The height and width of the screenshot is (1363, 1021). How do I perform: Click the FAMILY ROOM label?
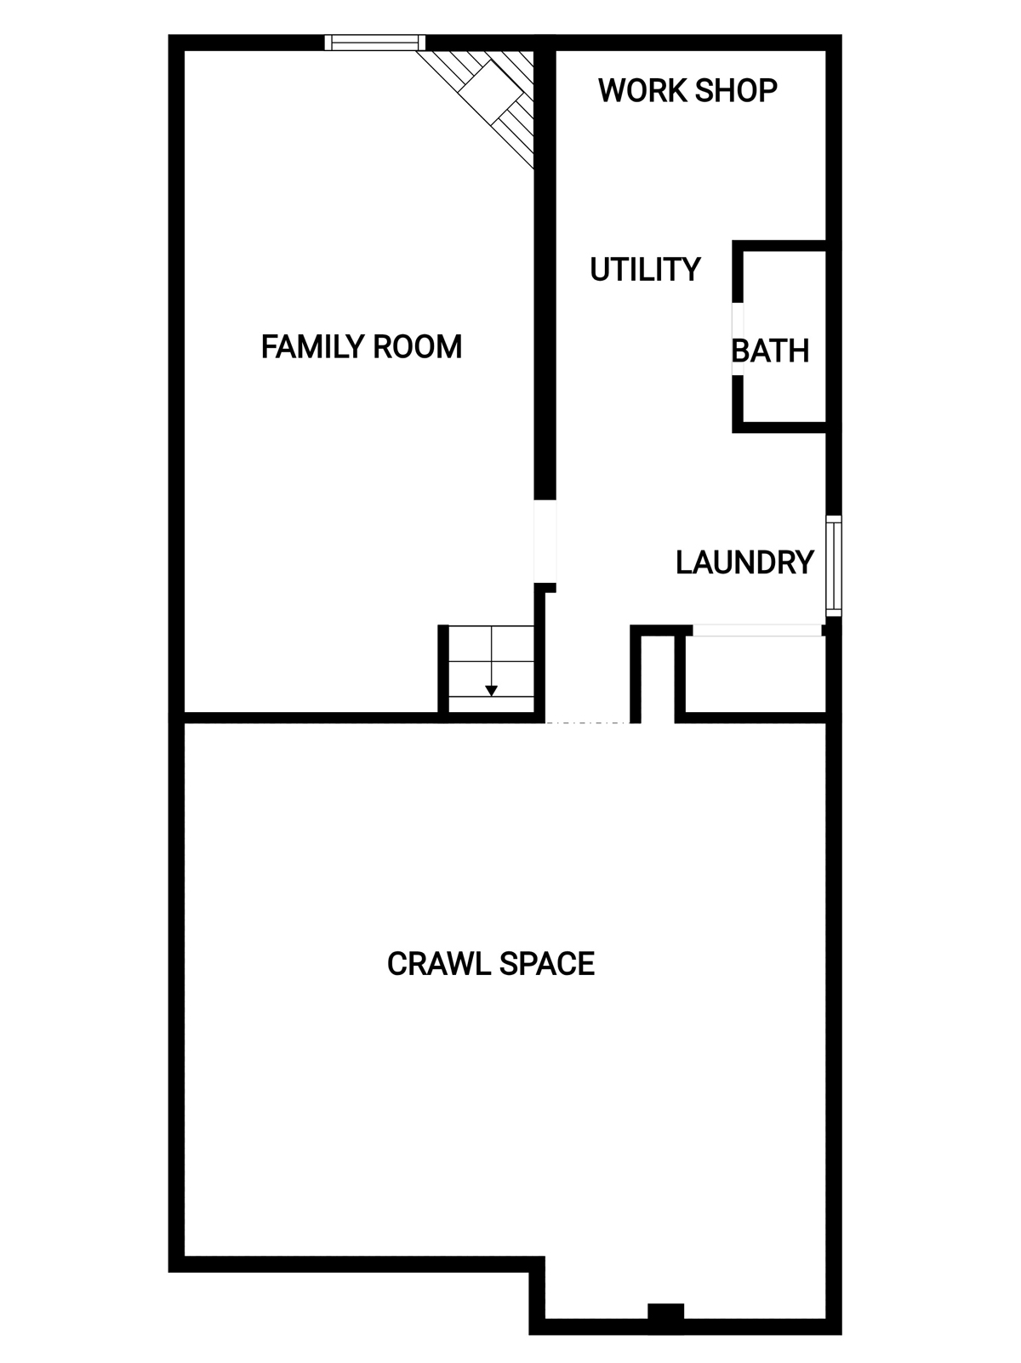[362, 346]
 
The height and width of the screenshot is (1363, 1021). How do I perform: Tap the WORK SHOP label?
[687, 91]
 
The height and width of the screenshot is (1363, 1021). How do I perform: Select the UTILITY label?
[645, 270]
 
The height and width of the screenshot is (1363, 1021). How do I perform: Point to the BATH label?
[770, 351]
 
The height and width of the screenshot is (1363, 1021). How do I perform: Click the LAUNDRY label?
[744, 562]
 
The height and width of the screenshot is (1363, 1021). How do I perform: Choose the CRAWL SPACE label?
[491, 964]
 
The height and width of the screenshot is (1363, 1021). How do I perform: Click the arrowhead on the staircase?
[491, 690]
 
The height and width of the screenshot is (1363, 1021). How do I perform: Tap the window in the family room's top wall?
[375, 43]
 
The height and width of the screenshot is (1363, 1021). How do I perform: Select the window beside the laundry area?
[834, 566]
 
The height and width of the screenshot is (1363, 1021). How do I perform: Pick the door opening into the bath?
[738, 339]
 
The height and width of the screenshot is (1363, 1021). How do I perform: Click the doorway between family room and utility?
[545, 541]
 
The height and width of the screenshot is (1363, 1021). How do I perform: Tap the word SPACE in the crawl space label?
[547, 964]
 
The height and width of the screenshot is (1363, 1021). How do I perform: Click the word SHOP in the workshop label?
[736, 91]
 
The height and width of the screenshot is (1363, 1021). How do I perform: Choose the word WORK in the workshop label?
[643, 91]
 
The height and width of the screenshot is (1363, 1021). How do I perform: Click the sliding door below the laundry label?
[756, 630]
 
